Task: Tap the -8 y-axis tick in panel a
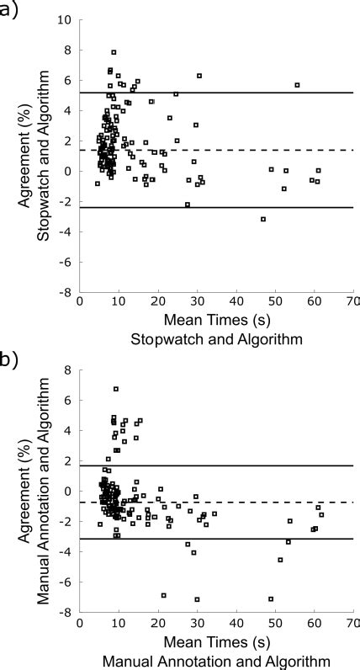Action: pyautogui.click(x=65, y=292)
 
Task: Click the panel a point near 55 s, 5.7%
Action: pyautogui.click(x=297, y=85)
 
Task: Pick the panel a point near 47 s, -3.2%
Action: pyautogui.click(x=263, y=219)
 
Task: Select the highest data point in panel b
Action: pyautogui.click(x=116, y=389)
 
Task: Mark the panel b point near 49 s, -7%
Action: pyautogui.click(x=271, y=598)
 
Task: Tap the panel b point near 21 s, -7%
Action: pyautogui.click(x=163, y=595)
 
